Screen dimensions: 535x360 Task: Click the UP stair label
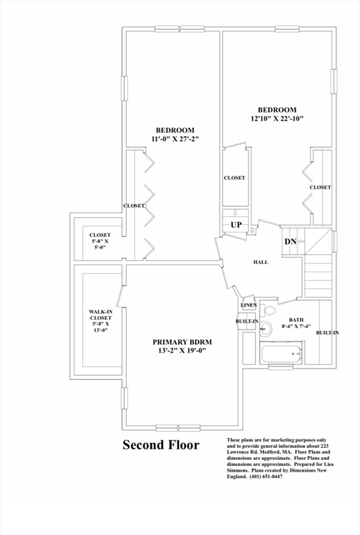point(236,226)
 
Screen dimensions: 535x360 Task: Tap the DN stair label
point(290,241)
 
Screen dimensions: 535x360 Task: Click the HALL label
point(260,262)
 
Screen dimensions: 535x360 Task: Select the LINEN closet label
point(249,305)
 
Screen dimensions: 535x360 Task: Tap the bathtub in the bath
point(280,353)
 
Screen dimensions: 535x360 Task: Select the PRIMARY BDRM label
point(182,341)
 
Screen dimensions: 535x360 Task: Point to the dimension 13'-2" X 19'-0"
point(182,350)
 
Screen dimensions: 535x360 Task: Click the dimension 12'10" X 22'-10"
point(277,119)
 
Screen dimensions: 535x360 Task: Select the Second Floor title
point(161,445)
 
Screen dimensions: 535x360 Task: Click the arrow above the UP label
point(235,214)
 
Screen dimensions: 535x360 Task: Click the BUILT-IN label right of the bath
point(327,333)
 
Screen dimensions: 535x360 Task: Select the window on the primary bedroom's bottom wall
point(178,427)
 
